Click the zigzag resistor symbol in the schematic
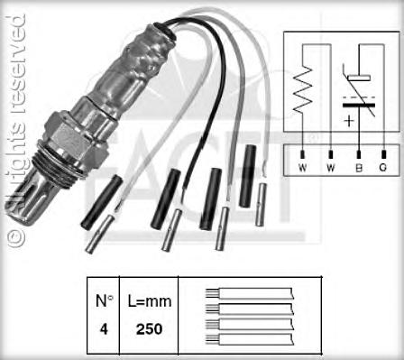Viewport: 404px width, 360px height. (303, 89)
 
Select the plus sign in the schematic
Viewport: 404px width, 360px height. (349, 121)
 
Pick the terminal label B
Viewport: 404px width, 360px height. (359, 168)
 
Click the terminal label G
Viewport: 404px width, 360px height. (383, 168)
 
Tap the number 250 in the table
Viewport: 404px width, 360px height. (149, 329)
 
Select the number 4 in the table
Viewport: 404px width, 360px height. (104, 329)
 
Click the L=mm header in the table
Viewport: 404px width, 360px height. (150, 301)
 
